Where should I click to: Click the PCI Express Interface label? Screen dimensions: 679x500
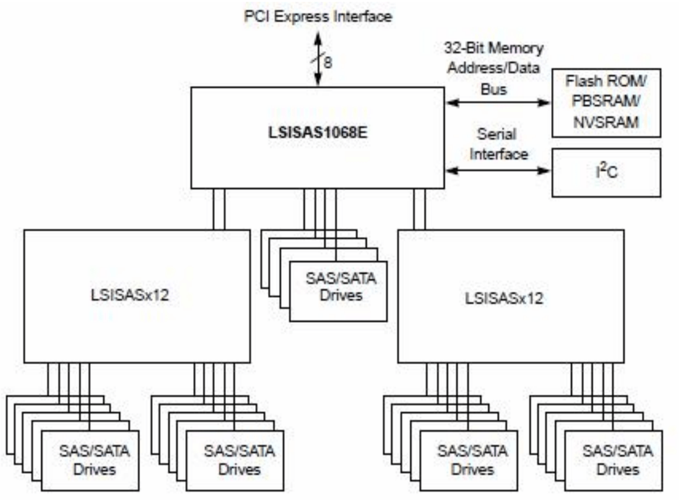318,16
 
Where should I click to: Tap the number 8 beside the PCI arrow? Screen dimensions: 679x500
328,62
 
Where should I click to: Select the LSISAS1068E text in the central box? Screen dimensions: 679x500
318,132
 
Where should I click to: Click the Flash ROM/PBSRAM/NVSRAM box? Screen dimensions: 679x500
607,103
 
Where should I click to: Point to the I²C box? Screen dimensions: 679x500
607,173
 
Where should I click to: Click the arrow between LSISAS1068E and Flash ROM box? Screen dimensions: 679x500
498,102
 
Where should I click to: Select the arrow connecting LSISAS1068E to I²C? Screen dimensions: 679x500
498,171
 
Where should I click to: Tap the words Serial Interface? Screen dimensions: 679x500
498,144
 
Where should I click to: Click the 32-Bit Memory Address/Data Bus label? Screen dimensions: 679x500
494,68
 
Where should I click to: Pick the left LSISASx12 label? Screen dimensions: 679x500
130,295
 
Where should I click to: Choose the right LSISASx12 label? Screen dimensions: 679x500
504,298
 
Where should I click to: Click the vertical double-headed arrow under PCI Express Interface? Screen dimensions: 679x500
318,59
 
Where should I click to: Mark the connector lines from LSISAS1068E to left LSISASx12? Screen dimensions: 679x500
219,209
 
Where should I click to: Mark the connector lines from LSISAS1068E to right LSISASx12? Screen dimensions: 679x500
420,209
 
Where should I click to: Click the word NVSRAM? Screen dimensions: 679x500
606,122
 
